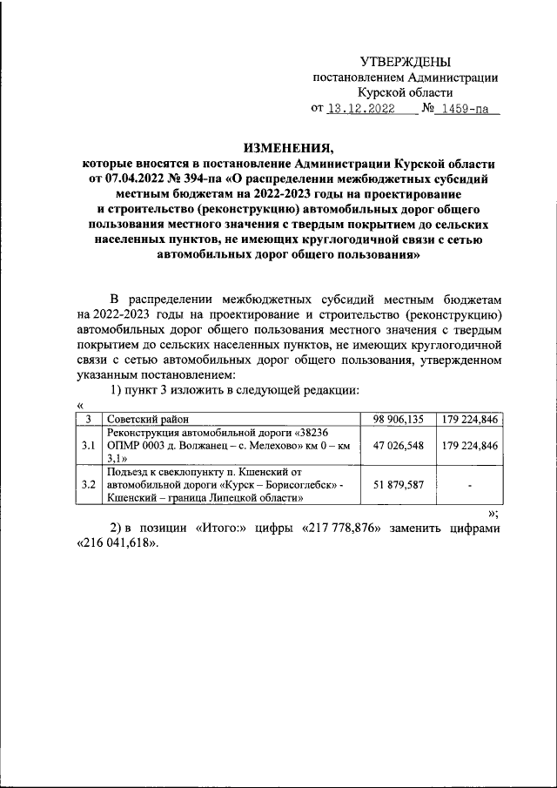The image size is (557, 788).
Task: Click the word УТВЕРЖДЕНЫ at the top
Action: (406, 62)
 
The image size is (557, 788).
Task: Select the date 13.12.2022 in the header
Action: (359, 110)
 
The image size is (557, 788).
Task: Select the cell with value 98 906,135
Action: (398, 420)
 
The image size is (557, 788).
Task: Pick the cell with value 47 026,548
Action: (398, 445)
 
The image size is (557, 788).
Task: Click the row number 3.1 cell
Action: (87, 445)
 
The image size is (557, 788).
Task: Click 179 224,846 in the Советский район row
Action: (469, 420)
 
